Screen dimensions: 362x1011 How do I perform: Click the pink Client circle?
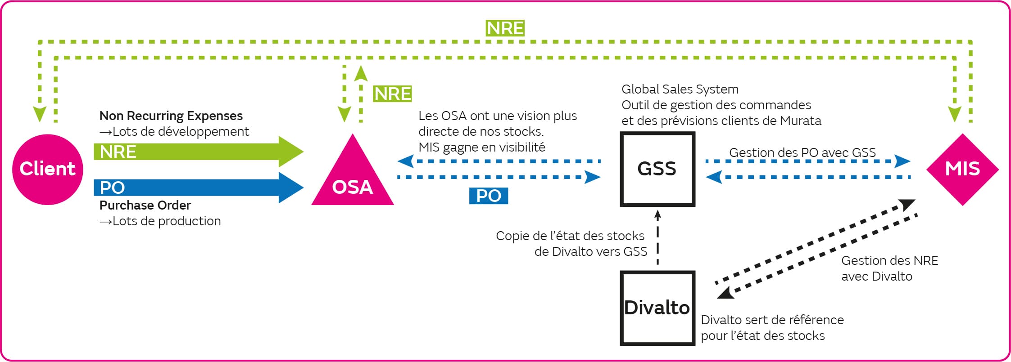47,169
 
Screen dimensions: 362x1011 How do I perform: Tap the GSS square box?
657,169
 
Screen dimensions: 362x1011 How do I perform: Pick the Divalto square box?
657,308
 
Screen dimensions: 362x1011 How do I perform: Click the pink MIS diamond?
962,169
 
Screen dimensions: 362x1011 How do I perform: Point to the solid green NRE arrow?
198,152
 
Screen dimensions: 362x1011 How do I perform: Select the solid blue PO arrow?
198,187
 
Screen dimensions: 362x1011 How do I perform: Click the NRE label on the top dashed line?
505,28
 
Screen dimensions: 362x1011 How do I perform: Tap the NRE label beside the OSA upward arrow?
392,94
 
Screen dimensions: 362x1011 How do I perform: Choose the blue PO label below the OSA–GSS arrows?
489,196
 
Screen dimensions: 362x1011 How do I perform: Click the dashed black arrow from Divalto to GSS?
657,238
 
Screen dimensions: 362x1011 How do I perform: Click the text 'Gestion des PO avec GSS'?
802,152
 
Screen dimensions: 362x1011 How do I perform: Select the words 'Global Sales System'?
680,89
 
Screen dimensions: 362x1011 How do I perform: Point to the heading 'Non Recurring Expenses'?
171,116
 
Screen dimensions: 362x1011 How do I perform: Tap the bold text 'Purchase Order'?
145,205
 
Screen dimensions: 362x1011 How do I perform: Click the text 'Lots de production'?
166,221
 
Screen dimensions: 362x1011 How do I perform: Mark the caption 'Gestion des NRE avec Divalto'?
889,268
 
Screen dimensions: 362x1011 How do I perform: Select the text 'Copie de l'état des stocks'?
570,236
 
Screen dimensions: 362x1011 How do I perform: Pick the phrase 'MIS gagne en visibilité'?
481,147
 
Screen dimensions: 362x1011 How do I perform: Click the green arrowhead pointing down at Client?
40,114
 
